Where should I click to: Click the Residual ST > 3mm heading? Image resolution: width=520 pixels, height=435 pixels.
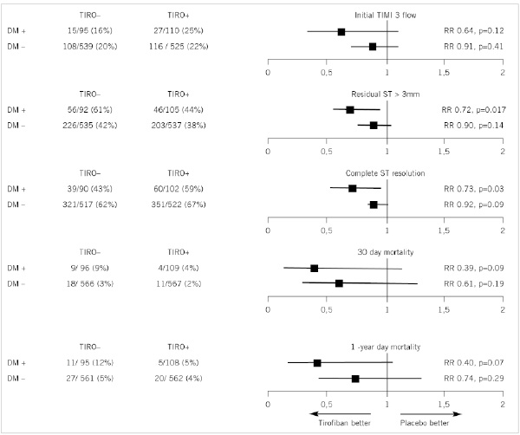click(x=387, y=94)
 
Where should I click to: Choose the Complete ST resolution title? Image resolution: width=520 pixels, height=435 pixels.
click(x=387, y=173)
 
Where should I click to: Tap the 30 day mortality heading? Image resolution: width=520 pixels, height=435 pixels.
click(x=387, y=253)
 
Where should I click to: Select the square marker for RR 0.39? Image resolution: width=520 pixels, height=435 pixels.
click(x=314, y=269)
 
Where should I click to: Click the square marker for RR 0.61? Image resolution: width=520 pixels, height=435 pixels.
click(x=339, y=283)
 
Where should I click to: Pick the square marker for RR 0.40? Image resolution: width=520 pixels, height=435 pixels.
click(x=317, y=363)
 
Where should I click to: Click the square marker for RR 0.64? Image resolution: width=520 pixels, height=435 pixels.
click(x=342, y=31)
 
